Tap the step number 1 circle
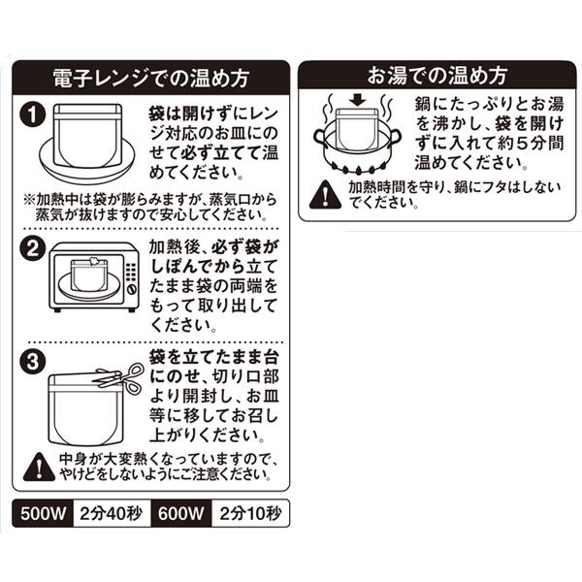pyautogui.click(x=33, y=116)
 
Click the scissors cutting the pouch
pyautogui.click(x=118, y=378)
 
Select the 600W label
pyautogui.click(x=181, y=514)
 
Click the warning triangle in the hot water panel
pyautogui.click(x=319, y=197)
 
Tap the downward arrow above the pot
pyautogui.click(x=355, y=101)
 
